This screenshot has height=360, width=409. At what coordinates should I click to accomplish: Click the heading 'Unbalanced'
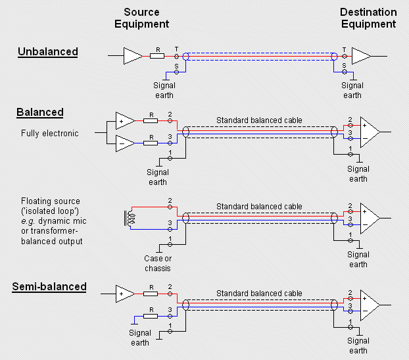click(x=47, y=51)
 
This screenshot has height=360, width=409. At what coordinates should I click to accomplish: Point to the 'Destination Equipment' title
click(x=368, y=18)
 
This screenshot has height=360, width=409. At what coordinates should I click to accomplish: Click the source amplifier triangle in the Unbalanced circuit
click(x=132, y=56)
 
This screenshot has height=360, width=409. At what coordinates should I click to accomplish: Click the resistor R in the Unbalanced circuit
click(x=157, y=56)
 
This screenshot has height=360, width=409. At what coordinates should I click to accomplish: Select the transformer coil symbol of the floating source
click(x=129, y=217)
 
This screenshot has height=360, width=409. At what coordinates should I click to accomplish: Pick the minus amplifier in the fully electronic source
click(x=124, y=141)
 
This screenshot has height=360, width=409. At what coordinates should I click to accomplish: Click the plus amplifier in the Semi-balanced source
click(x=124, y=292)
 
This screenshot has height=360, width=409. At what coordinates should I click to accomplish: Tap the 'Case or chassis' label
click(x=158, y=263)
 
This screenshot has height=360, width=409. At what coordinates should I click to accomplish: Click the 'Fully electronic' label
click(x=49, y=134)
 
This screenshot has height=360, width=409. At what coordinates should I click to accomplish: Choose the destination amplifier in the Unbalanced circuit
click(x=361, y=56)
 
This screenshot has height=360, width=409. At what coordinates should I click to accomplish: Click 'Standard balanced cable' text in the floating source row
click(x=259, y=206)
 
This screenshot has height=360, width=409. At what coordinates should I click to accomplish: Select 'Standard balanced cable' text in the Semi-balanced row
click(x=259, y=294)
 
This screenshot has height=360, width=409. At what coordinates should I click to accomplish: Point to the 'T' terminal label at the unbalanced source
click(x=176, y=49)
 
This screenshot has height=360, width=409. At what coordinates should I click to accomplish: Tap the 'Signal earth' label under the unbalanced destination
click(x=352, y=90)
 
